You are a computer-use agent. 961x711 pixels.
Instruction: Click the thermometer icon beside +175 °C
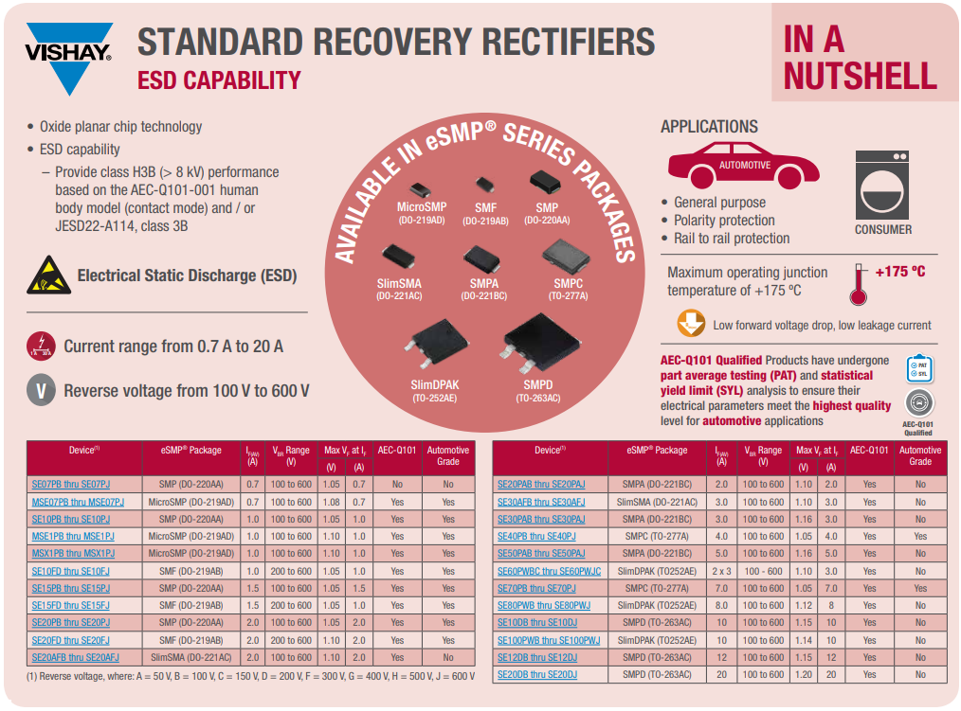click(x=859, y=283)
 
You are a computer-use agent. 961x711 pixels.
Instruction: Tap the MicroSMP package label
click(x=422, y=207)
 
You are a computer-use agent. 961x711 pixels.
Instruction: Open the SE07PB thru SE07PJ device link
click(x=71, y=485)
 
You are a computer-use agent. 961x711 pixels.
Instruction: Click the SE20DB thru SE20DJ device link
click(x=536, y=674)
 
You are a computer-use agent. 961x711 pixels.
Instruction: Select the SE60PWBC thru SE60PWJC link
click(x=549, y=571)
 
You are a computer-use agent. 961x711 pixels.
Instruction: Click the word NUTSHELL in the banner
click(x=860, y=76)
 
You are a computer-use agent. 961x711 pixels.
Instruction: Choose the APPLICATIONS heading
click(x=709, y=127)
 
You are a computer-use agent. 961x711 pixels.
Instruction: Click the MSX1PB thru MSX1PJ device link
click(x=73, y=554)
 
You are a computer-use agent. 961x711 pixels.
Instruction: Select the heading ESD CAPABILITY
click(x=219, y=80)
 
